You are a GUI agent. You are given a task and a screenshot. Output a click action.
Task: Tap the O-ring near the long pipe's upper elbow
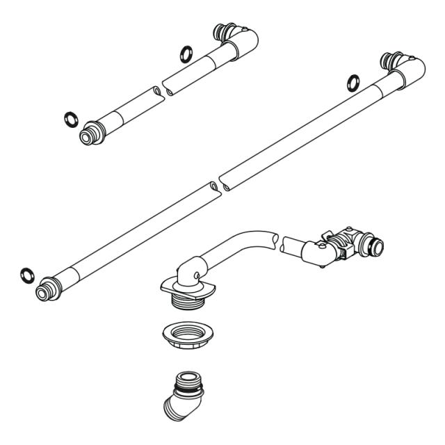[354, 83]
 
